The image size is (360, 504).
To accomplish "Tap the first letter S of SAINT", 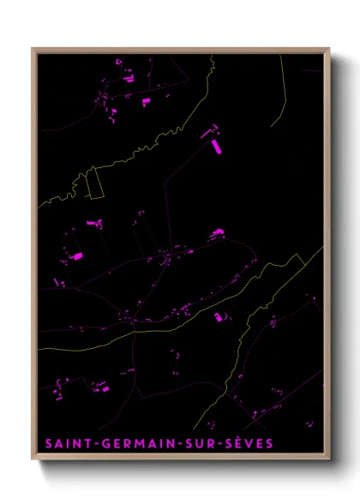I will coord(47,443).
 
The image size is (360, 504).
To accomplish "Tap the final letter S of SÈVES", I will coord(270,443).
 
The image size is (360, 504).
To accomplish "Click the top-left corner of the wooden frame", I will coord(33,48).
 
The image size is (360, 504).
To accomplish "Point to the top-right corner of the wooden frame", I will coord(330,48).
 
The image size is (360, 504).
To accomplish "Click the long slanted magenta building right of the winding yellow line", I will coord(216,146).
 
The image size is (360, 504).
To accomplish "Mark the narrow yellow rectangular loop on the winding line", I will coord(93,183).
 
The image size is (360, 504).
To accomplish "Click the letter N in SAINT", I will coord(75,443).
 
